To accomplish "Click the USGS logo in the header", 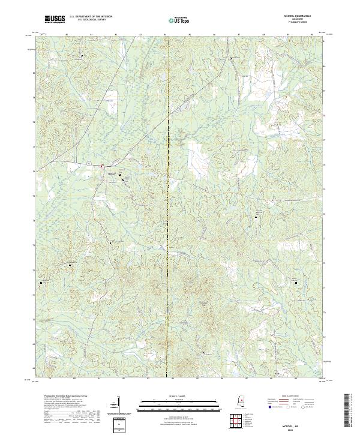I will pos(53,20).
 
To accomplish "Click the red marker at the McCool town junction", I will pos(102,166).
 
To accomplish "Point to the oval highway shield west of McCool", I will pos(88,162).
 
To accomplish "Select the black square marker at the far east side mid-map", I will pos(256,217).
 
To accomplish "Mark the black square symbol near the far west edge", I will pos(42,281).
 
